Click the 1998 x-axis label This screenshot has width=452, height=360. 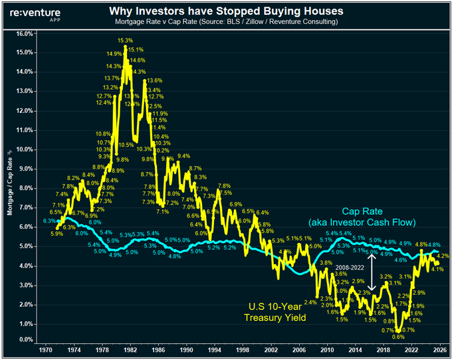245,350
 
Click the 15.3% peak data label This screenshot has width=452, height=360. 125,41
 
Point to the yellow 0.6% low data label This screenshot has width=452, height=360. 399,337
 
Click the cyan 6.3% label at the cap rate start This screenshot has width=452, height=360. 49,220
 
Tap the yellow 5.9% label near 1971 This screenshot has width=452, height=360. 56,233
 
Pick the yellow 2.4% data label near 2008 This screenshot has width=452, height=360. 310,303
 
